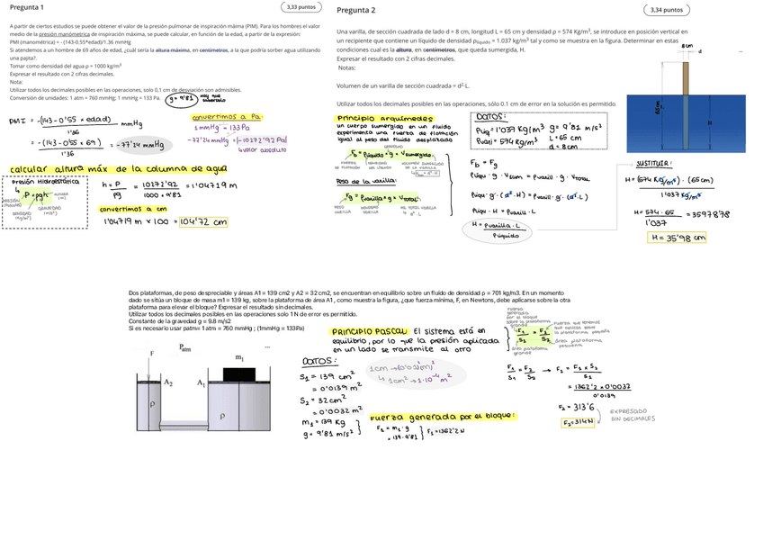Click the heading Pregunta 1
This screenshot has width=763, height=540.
26,7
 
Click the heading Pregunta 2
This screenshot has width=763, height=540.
355,10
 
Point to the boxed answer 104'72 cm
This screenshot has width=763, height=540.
202,221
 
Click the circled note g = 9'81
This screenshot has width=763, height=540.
180,100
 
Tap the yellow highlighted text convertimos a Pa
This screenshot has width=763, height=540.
226,116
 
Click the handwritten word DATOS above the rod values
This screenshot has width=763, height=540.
490,116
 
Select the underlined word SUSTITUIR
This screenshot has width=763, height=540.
653,164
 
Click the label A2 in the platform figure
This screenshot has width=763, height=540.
167,382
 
